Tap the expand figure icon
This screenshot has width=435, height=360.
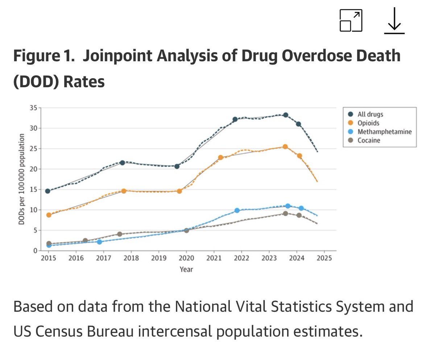point(351,20)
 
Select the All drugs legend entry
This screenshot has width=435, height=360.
point(372,114)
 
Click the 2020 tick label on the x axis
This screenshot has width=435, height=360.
point(186,258)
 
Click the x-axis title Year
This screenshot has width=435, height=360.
point(186,269)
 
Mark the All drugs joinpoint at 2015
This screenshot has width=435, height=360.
point(47,191)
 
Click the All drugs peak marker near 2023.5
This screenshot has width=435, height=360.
point(286,115)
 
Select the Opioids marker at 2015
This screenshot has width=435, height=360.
point(49,215)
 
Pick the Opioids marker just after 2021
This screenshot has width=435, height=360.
point(220,158)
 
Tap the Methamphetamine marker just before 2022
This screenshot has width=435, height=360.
point(237,210)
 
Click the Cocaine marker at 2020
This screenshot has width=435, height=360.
point(186,230)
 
